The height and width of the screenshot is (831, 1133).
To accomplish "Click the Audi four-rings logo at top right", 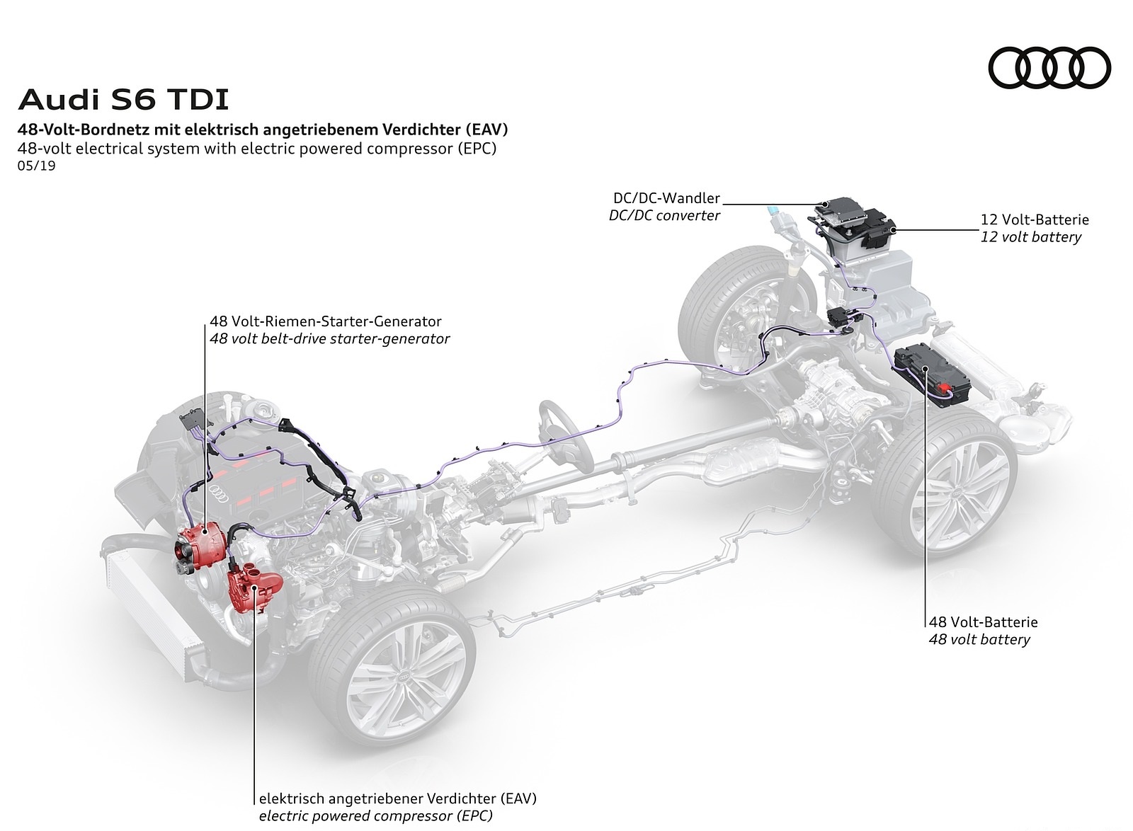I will tap(1049, 68).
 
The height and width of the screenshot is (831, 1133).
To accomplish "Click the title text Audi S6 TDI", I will tap(123, 100).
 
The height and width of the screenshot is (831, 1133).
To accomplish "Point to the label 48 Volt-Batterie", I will tap(983, 622).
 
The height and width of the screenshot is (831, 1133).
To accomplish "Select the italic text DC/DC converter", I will tap(664, 215).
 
